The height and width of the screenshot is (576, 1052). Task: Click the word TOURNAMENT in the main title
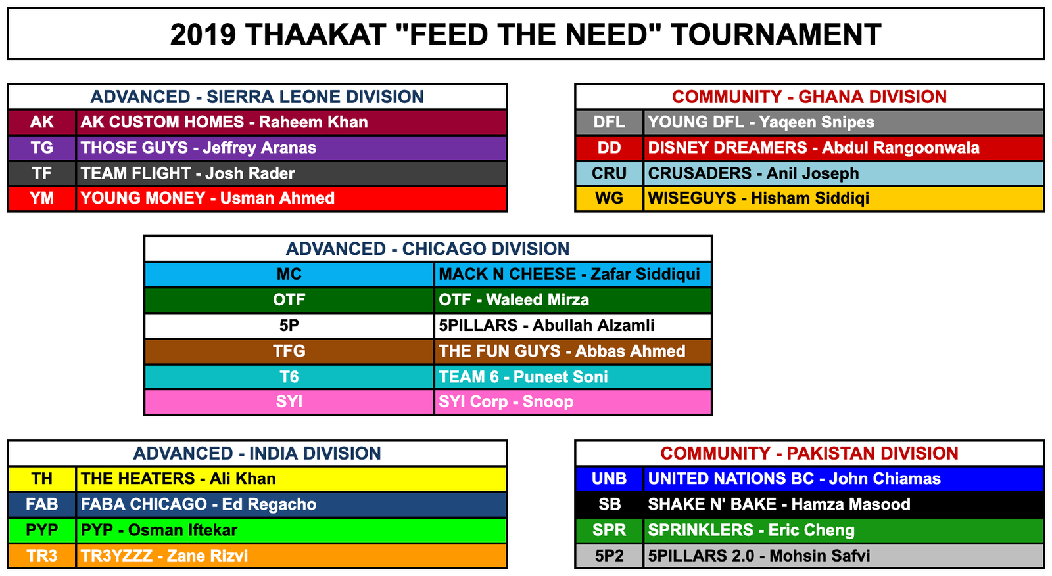click(x=775, y=35)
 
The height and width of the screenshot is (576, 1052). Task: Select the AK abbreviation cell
click(x=42, y=122)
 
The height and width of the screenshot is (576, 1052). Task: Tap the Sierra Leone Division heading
click(x=257, y=97)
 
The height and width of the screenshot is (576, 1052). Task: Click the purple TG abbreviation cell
click(x=42, y=148)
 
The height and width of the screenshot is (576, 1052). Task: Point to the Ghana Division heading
click(x=809, y=97)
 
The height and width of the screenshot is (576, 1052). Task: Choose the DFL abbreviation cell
click(x=609, y=122)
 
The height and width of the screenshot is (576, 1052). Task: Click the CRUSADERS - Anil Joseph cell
click(x=844, y=173)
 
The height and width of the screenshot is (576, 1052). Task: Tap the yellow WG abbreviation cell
click(x=609, y=198)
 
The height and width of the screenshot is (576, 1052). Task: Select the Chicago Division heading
click(x=428, y=249)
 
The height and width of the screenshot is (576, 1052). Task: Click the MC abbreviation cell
click(x=289, y=275)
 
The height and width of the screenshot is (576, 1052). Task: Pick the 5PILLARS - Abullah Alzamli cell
click(x=573, y=326)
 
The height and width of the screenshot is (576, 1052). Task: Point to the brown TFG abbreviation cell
click(x=289, y=351)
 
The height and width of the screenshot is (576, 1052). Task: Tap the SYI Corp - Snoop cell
click(x=573, y=402)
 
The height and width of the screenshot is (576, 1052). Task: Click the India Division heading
click(x=257, y=454)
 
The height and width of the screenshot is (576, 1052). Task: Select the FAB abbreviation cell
click(x=42, y=504)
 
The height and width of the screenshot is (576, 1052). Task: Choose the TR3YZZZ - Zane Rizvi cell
click(x=291, y=556)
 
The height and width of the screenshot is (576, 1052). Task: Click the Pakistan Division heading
click(x=809, y=454)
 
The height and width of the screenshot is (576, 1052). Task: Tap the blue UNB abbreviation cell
click(x=609, y=479)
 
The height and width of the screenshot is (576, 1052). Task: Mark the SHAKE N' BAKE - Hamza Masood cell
click(x=844, y=504)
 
